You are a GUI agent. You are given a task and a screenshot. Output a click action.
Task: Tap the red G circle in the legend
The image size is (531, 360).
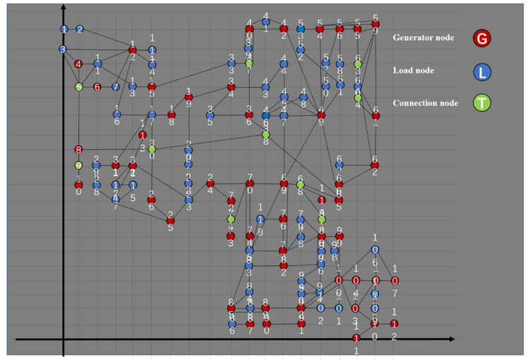(482, 39)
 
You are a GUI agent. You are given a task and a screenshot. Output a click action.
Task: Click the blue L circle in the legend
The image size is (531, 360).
(482, 71)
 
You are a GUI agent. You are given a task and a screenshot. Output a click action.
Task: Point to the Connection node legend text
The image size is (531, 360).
(426, 103)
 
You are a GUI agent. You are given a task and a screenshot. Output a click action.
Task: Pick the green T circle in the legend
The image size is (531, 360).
(482, 103)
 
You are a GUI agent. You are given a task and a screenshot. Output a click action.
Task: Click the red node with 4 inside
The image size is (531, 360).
(78, 64)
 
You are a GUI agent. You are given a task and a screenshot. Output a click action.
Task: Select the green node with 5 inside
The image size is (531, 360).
(79, 86)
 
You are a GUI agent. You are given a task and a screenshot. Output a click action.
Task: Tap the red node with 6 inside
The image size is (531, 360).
(98, 86)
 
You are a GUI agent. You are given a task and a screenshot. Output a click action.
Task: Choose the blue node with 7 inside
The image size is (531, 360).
(115, 86)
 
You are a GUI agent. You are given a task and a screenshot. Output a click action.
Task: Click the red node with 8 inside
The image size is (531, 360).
(78, 149)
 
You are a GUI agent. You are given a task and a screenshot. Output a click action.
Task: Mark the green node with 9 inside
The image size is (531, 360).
(78, 166)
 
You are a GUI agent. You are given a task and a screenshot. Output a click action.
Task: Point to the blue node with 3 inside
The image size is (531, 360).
(63, 50)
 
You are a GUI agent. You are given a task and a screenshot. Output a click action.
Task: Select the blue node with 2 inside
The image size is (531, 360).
(80, 29)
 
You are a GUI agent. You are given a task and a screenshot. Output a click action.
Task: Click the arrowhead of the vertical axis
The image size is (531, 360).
(64, 6)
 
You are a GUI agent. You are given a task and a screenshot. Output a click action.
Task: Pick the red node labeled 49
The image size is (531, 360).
(321, 115)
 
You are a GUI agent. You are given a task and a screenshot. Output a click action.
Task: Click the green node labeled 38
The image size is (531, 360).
(266, 134)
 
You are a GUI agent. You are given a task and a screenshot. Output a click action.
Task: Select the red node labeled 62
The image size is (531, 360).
(375, 166)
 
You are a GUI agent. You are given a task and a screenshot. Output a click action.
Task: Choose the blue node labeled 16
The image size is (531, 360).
(117, 114)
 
